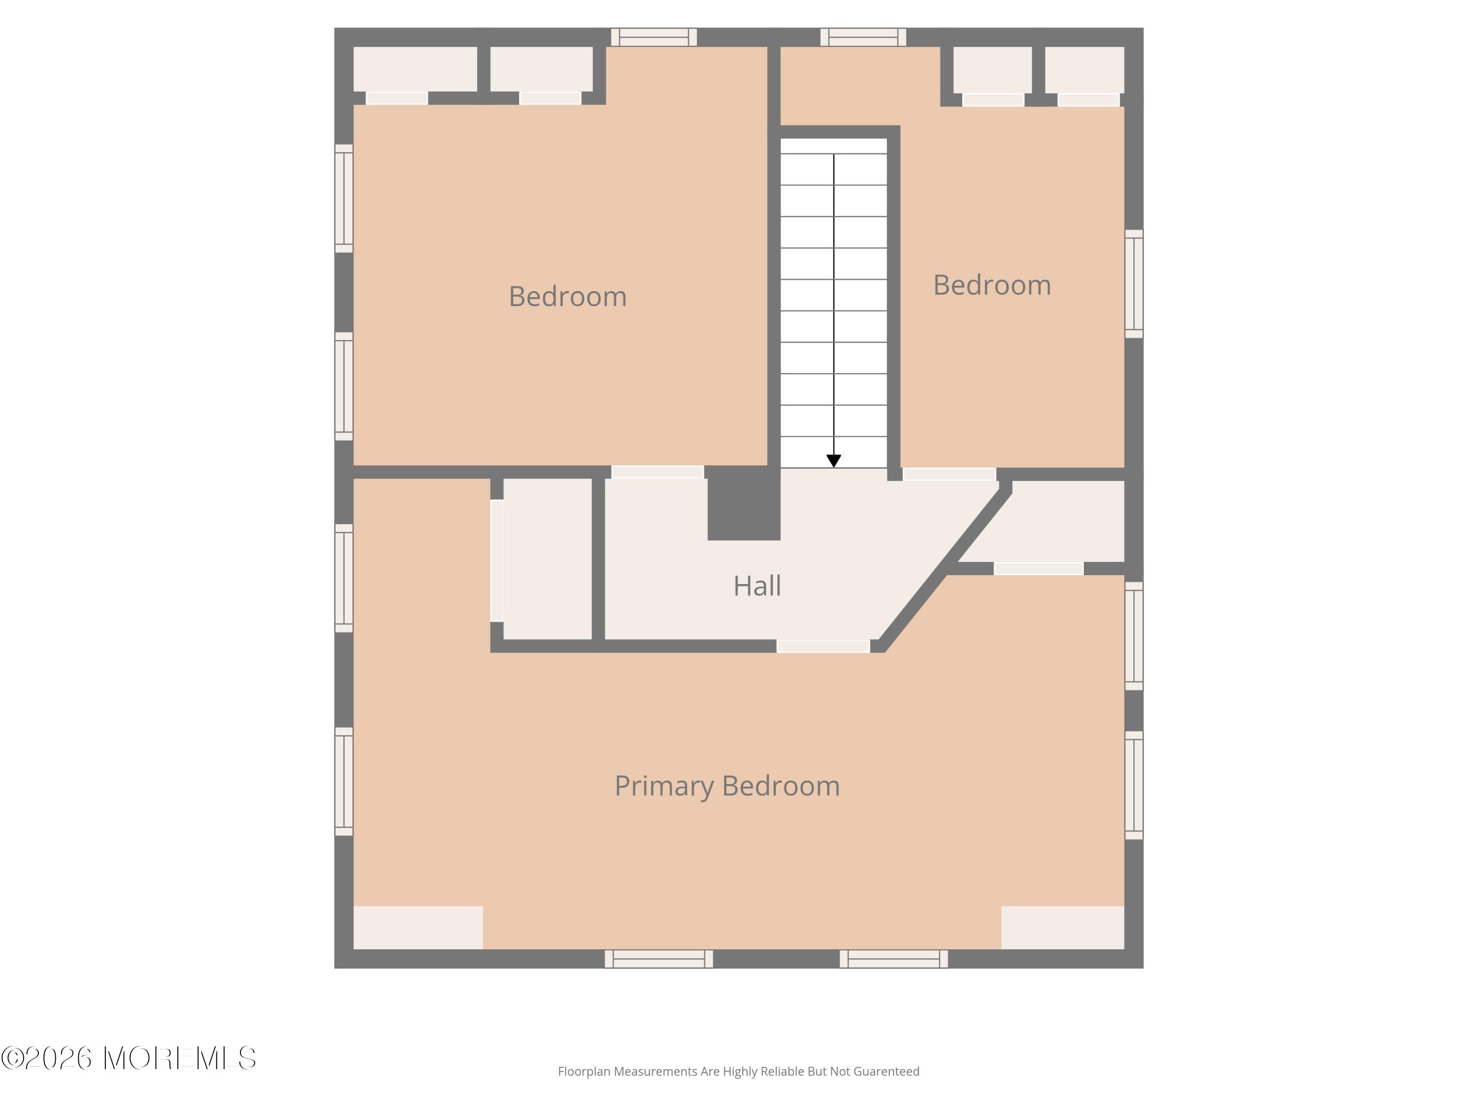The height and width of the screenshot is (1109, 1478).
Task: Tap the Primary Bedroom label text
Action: pos(727,786)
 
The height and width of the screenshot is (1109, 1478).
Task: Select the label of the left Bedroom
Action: pos(567,297)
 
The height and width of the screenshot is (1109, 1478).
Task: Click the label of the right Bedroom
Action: pos(992,285)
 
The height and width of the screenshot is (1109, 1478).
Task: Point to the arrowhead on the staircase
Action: pos(833,460)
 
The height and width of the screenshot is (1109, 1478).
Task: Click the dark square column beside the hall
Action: pos(743,503)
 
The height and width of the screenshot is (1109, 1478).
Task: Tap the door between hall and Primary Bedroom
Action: pos(823,646)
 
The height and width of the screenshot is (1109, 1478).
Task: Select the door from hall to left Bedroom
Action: pos(658,472)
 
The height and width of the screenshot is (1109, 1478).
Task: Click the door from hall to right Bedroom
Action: pos(949,474)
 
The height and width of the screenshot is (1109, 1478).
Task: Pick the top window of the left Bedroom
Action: pos(653,37)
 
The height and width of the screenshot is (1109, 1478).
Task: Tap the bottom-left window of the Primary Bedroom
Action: pos(658,959)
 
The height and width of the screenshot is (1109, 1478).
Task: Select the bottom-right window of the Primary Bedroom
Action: pos(893,959)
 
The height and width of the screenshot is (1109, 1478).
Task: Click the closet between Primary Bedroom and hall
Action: pos(546,559)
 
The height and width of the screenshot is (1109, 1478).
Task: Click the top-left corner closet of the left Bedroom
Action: pos(414,69)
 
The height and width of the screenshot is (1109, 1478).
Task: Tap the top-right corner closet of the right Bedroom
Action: pos(1084,70)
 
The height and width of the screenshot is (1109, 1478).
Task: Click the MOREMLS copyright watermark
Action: pos(128,1058)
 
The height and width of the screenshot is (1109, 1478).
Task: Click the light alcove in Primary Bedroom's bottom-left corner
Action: pos(418,927)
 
